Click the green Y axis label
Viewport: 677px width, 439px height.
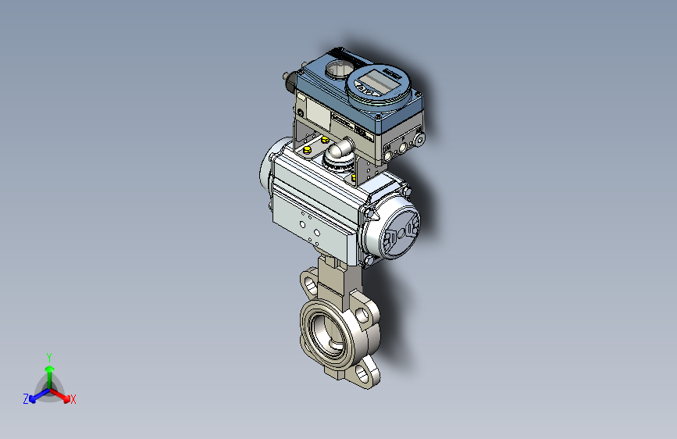(49, 356)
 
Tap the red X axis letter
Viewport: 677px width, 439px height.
(73, 400)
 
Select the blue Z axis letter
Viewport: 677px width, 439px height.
(26, 399)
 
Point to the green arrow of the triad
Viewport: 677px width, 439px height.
(49, 370)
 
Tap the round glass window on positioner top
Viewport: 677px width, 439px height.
(338, 70)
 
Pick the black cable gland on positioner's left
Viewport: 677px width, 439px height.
(289, 78)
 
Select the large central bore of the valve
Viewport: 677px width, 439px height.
(326, 330)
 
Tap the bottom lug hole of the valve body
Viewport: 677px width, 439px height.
(363, 377)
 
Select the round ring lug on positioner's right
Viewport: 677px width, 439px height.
(419, 138)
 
